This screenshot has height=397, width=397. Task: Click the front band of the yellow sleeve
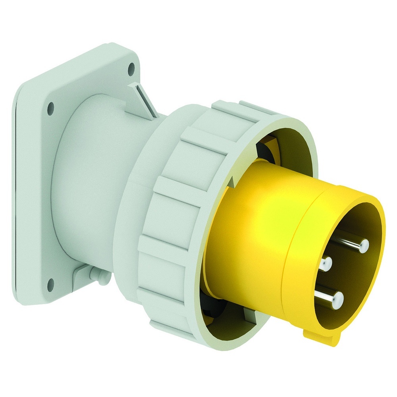[314, 238]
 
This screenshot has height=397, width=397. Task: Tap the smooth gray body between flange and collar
[87, 179]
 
